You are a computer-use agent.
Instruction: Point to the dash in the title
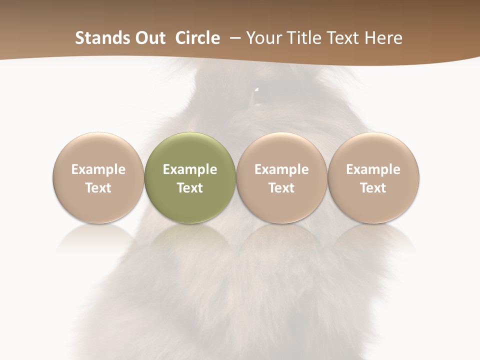coord(233,38)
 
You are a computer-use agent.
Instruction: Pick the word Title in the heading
coord(303,38)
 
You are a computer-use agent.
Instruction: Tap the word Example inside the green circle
coord(190,169)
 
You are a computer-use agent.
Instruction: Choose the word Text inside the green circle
coord(190,188)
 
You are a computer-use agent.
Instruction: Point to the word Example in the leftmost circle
coord(98,169)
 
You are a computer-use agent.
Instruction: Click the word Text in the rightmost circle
coord(373,188)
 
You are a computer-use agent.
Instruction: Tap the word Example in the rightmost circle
coord(373,169)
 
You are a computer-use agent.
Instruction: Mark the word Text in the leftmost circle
coord(98,188)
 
